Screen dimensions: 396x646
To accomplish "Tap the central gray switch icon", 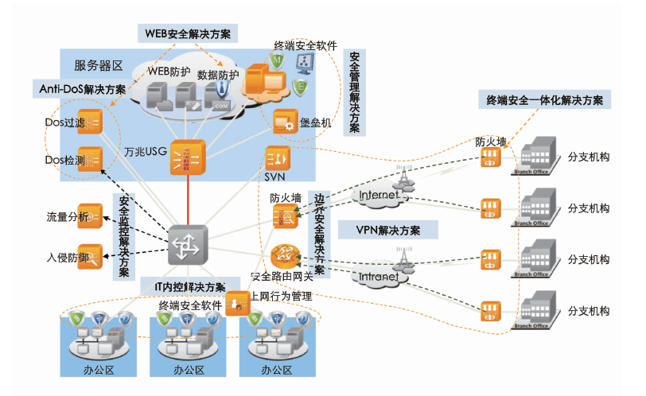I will (188, 245).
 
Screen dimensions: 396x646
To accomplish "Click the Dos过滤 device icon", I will (90, 123).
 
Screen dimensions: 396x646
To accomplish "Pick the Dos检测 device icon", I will (90, 159).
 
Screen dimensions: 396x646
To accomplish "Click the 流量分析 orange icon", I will (90, 215).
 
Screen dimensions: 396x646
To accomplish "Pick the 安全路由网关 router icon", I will (284, 256).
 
